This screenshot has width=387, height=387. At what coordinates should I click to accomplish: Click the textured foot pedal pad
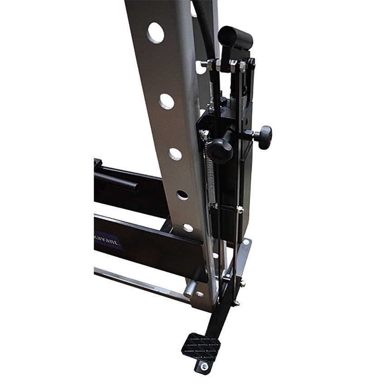pos(201,346)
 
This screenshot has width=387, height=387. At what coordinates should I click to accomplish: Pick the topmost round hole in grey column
pos(155,33)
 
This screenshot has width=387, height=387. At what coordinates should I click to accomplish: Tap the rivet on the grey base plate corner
pos(247,243)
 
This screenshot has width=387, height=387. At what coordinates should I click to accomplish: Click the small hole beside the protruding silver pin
pos(199,294)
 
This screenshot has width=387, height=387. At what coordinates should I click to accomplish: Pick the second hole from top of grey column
pos(166,101)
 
